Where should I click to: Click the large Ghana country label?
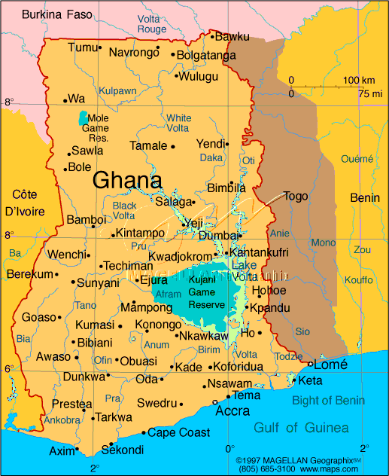pyautogui.click(x=127, y=180)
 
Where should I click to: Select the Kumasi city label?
pyautogui.click(x=94, y=325)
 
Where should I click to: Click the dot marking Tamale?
pyautogui.click(x=173, y=147)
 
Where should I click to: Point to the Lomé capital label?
pyautogui.click(x=330, y=364)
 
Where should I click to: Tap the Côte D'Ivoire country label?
pyautogui.click(x=24, y=202)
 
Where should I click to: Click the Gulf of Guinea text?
pyautogui.click(x=301, y=428)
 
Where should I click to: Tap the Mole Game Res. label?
pyautogui.click(x=99, y=128)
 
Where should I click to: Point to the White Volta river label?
pyautogui.click(x=179, y=124)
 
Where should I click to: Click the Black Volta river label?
pyautogui.click(x=124, y=211)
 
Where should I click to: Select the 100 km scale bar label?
pyautogui.click(x=359, y=81)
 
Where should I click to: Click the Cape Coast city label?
pyautogui.click(x=178, y=432)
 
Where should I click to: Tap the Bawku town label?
pyautogui.click(x=232, y=35)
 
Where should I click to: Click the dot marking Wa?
pyautogui.click(x=65, y=99)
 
